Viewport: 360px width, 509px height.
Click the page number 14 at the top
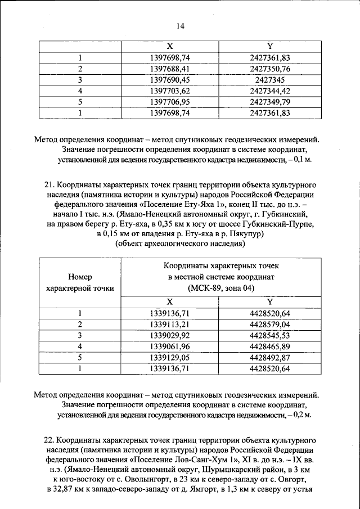(x=180, y=25)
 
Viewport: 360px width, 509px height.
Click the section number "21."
(x=49, y=184)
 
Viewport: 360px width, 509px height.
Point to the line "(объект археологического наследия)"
(x=179, y=244)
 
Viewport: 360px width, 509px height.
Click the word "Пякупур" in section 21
(x=245, y=233)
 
